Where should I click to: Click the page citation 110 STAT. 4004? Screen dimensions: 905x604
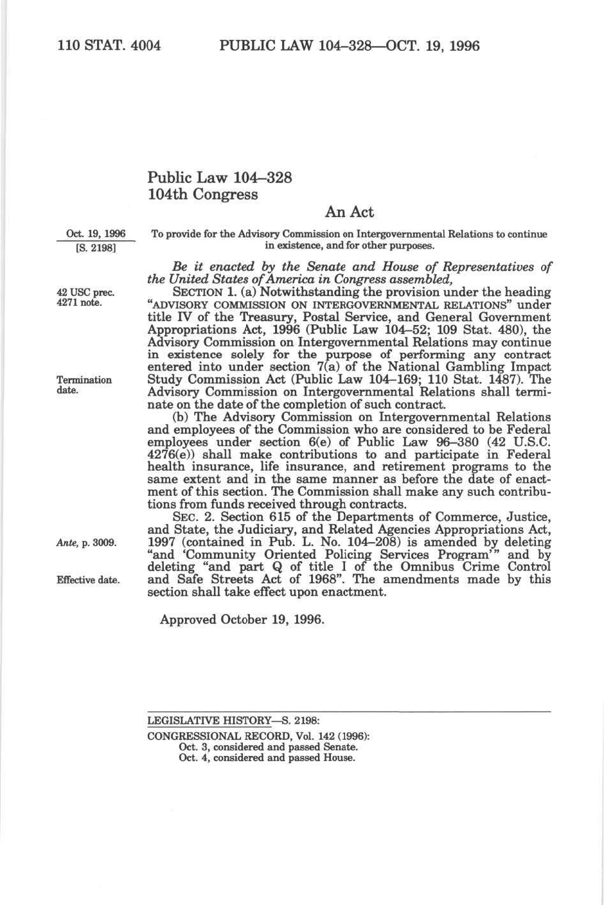click(x=109, y=46)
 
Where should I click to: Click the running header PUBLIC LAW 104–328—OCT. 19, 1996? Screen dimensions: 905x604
click(x=349, y=46)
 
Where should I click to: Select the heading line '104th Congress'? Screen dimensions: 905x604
click(x=202, y=195)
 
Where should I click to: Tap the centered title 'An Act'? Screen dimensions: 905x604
click(x=349, y=212)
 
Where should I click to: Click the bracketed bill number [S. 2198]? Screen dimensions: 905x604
click(x=96, y=246)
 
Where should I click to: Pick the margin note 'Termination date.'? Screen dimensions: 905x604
click(x=84, y=385)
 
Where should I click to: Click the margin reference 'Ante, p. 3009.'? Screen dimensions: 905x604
click(x=86, y=543)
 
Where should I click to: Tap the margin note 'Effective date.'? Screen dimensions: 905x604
click(x=88, y=580)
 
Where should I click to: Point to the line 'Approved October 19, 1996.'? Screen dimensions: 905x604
click(x=242, y=620)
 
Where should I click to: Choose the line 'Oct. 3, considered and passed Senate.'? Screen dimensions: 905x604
click(x=268, y=747)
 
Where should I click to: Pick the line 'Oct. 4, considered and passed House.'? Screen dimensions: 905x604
click(x=267, y=758)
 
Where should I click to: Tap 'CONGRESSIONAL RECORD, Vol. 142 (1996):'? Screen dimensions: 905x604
click(x=258, y=736)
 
